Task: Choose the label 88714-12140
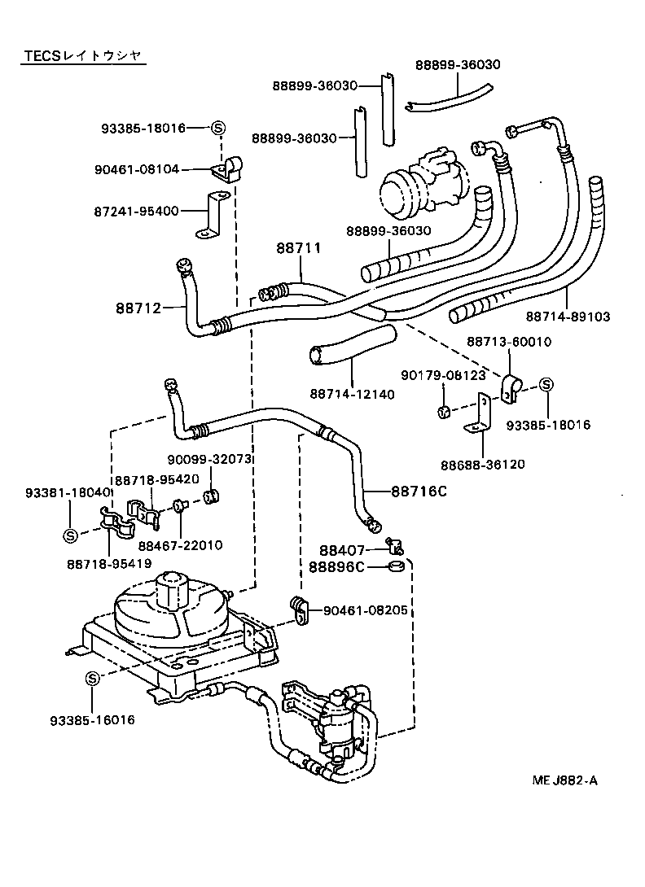click(352, 394)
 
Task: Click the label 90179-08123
click(443, 375)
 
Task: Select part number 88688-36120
click(483, 465)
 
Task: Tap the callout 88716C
click(419, 492)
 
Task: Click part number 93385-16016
click(92, 720)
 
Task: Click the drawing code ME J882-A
click(564, 780)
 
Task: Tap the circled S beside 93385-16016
click(92, 678)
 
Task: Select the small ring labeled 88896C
click(397, 566)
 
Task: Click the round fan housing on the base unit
click(166, 606)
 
